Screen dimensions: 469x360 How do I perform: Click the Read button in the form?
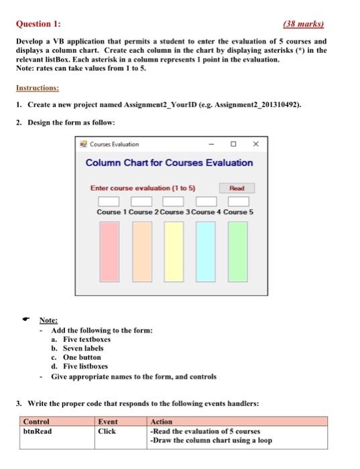click(237, 189)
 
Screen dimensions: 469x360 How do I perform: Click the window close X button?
click(255, 143)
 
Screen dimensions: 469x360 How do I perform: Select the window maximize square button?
click(233, 143)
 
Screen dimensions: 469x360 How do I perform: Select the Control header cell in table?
click(36, 421)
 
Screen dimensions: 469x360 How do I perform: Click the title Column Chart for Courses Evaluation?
click(169, 163)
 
